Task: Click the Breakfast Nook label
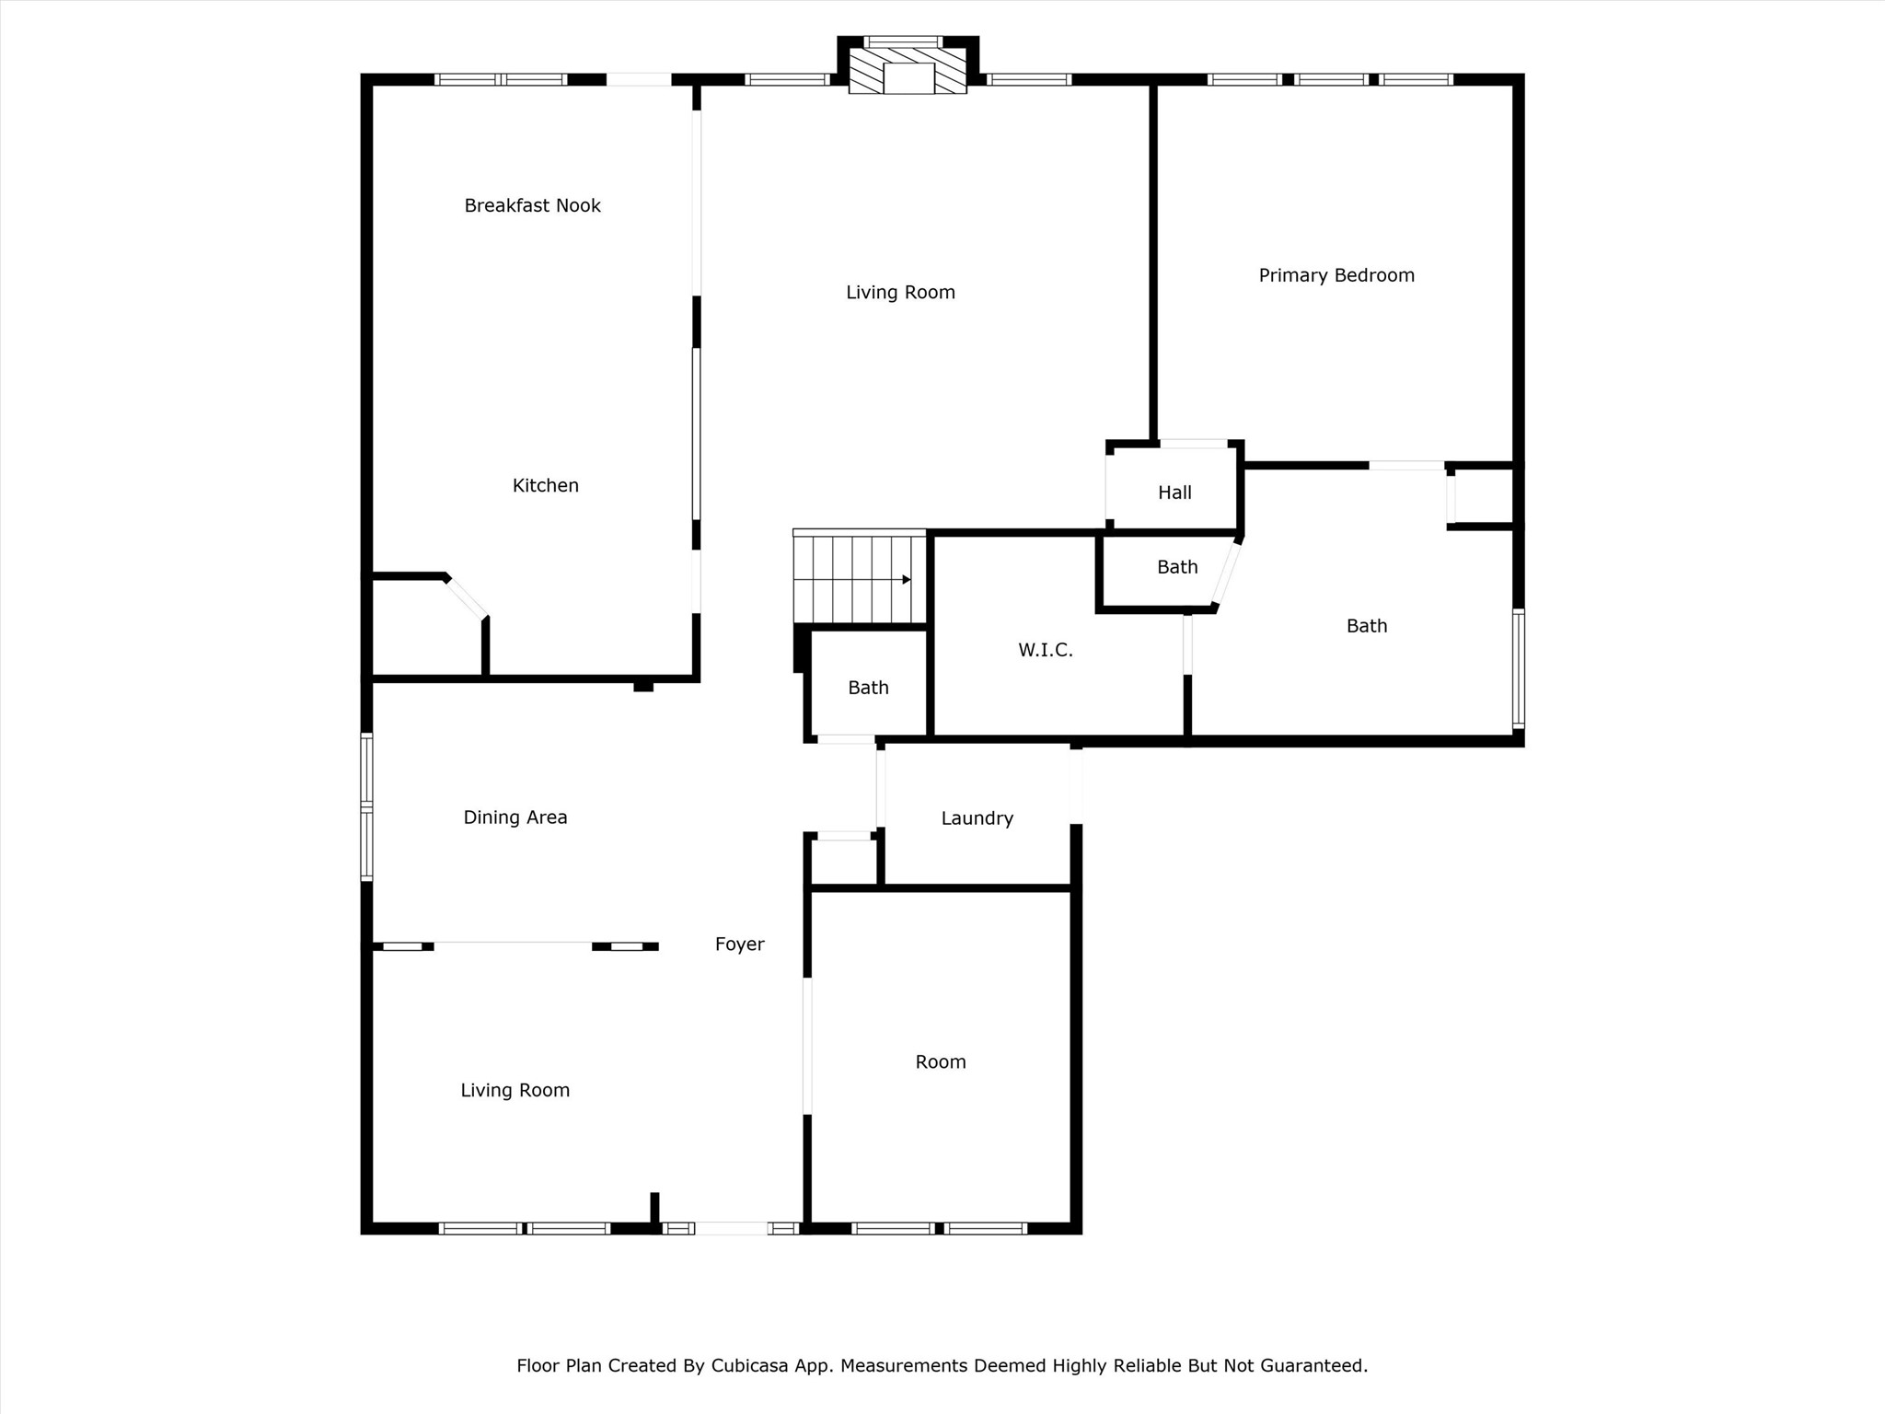(x=532, y=205)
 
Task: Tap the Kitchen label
(x=545, y=485)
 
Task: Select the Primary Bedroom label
(x=1336, y=275)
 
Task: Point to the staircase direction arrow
(x=906, y=579)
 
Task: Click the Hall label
(x=1174, y=493)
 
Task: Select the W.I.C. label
(x=1045, y=650)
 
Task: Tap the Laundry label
(x=977, y=818)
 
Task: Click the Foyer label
(x=739, y=944)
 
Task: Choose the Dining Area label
(x=515, y=817)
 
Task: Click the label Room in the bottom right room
(x=940, y=1061)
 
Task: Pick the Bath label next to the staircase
(x=868, y=688)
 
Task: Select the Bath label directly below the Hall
(x=1176, y=567)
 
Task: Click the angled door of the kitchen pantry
(x=467, y=597)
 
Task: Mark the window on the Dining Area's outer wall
(x=366, y=806)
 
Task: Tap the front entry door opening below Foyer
(x=731, y=1227)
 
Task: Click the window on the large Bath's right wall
(x=1518, y=668)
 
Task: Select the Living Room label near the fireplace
(x=900, y=293)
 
